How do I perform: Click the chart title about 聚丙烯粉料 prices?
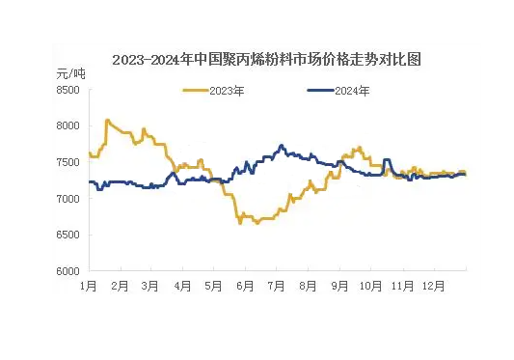(x=266, y=60)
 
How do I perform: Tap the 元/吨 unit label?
(x=70, y=73)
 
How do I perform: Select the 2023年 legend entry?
(x=213, y=91)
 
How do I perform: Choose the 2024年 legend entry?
(x=338, y=91)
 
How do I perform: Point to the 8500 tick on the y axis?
(x=68, y=90)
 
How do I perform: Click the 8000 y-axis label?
(x=68, y=125)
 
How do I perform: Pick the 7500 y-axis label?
(x=68, y=162)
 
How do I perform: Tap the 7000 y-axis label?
(x=68, y=199)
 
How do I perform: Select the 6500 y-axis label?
(x=68, y=235)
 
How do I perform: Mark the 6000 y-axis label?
(x=68, y=271)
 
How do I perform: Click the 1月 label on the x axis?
(x=89, y=286)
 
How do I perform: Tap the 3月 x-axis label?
(x=150, y=286)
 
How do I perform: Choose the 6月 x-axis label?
(x=245, y=286)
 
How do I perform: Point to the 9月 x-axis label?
(x=339, y=286)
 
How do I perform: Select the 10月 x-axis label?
(x=370, y=286)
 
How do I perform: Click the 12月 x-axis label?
(x=433, y=286)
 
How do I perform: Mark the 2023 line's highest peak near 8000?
(x=107, y=121)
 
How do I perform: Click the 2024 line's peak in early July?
(x=281, y=146)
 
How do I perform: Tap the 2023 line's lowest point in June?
(x=240, y=223)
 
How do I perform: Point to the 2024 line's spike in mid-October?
(x=387, y=160)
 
